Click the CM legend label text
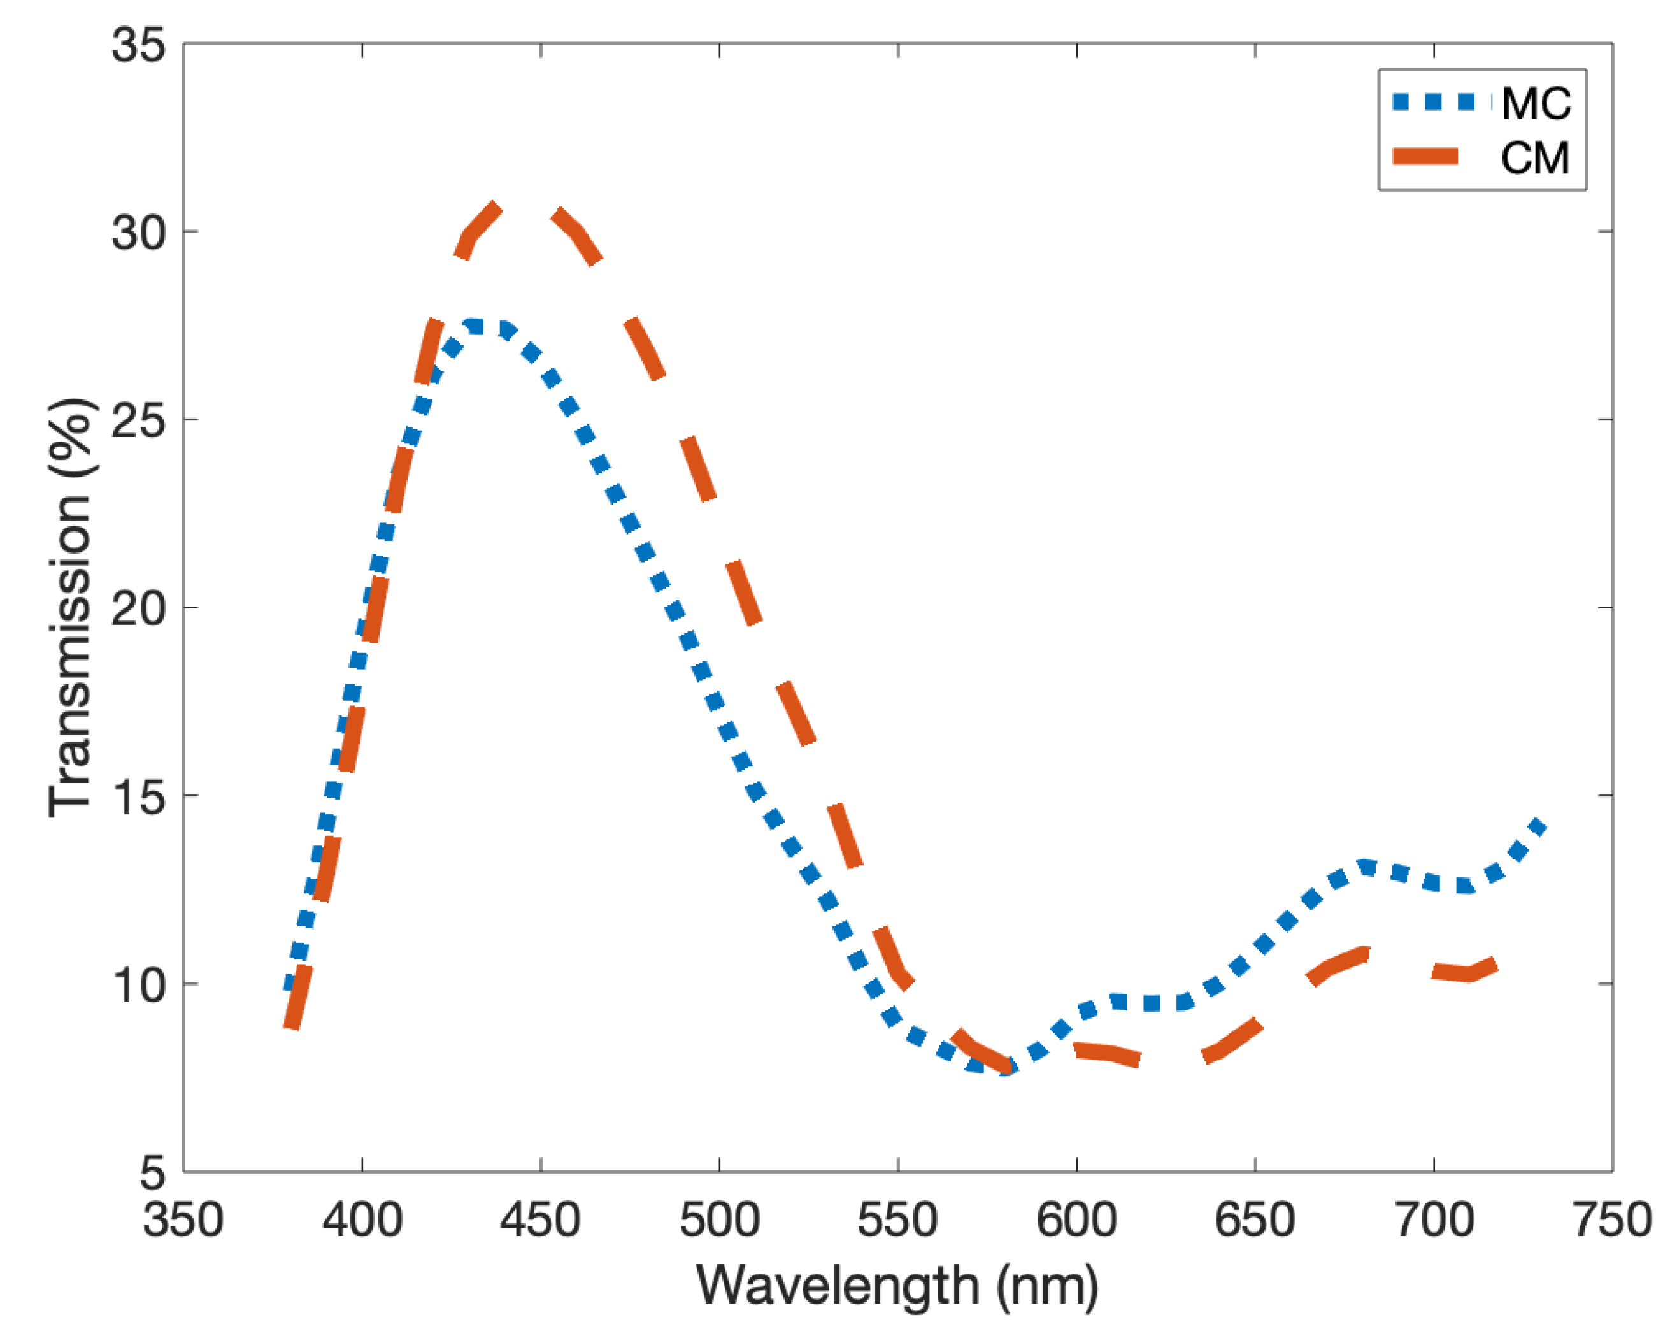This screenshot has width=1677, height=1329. click(1535, 158)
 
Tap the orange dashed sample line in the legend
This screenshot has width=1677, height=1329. click(1425, 155)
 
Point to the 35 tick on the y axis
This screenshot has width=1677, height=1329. click(138, 45)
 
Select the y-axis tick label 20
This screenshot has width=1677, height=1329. click(138, 608)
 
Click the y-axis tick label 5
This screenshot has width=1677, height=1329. click(152, 1172)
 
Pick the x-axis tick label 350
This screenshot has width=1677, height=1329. click(183, 1219)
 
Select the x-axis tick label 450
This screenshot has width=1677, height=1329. click(540, 1219)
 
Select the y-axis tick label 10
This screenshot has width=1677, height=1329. click(138, 984)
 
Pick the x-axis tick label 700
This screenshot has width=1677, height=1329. click(1434, 1219)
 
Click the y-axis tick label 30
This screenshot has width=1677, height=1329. click(138, 233)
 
